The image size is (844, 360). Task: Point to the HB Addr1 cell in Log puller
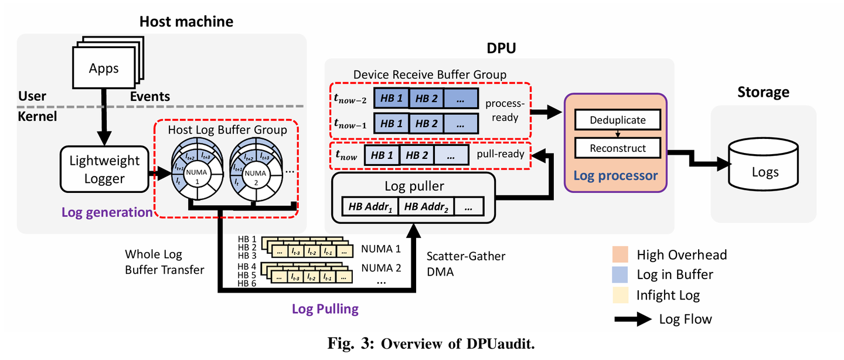pyautogui.click(x=369, y=206)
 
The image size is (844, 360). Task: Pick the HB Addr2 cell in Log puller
pyautogui.click(x=426, y=206)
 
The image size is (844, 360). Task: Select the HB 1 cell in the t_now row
pyautogui.click(x=382, y=155)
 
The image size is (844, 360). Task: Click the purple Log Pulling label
pyautogui.click(x=325, y=309)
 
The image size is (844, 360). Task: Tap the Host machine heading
pyautogui.click(x=186, y=22)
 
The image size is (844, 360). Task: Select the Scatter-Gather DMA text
pyautogui.click(x=465, y=263)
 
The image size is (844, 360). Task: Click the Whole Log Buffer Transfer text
pyautogui.click(x=165, y=262)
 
